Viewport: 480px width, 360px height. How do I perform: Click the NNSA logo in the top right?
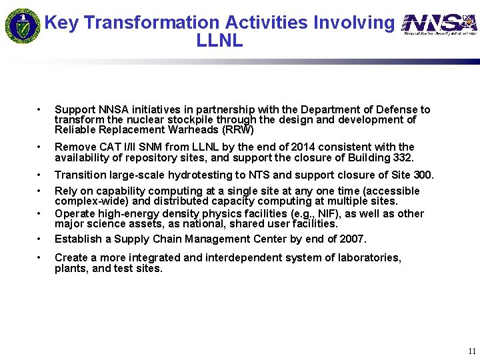(440, 25)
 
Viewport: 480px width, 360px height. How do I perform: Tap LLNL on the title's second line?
(219, 41)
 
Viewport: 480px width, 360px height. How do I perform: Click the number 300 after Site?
(423, 175)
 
